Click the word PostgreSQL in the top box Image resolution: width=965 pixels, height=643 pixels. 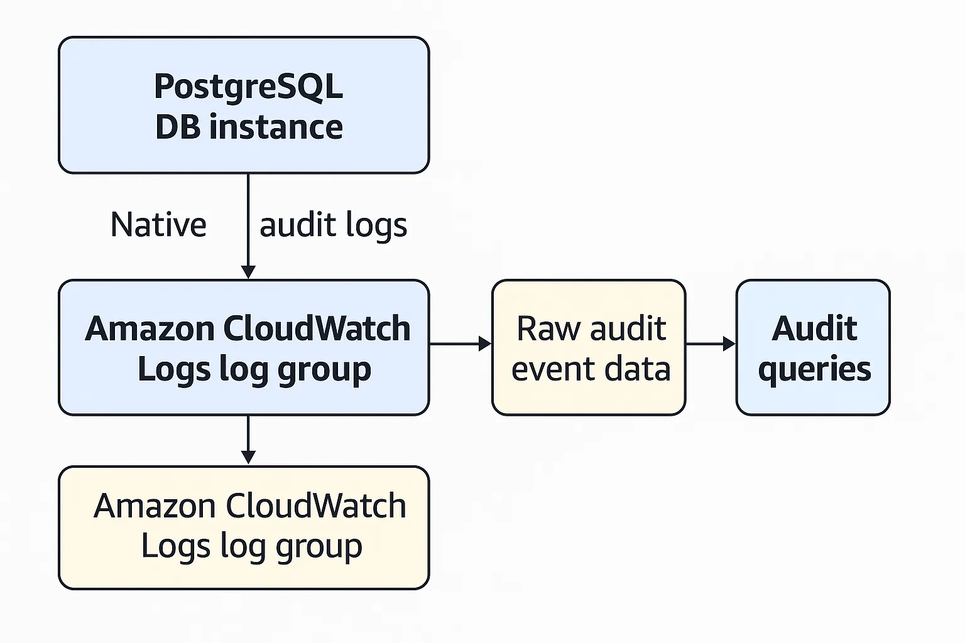(x=248, y=87)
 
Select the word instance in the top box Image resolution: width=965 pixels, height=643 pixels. (x=276, y=127)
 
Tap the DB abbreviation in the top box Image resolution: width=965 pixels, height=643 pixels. (x=177, y=127)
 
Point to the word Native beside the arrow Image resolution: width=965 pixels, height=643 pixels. (x=158, y=225)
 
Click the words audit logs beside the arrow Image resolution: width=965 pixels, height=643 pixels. (x=333, y=225)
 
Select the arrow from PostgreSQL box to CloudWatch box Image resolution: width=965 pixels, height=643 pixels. (x=248, y=226)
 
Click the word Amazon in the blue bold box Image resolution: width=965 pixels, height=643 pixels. (x=151, y=328)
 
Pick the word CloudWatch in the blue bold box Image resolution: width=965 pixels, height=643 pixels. (x=316, y=328)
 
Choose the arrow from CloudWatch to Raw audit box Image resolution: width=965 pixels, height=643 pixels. (x=460, y=343)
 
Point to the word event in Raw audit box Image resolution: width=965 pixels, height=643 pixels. (x=544, y=369)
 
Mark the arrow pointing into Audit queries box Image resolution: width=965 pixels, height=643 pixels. (x=711, y=343)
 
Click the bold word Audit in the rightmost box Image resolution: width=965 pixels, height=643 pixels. (x=814, y=328)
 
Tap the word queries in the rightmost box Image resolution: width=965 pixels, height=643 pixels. (x=814, y=370)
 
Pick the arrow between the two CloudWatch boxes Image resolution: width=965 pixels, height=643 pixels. (x=248, y=440)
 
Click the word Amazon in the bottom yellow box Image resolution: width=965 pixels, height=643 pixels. (x=155, y=506)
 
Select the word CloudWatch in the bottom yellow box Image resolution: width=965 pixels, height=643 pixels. (x=315, y=506)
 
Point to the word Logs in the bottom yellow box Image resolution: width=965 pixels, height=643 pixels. (x=166, y=546)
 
